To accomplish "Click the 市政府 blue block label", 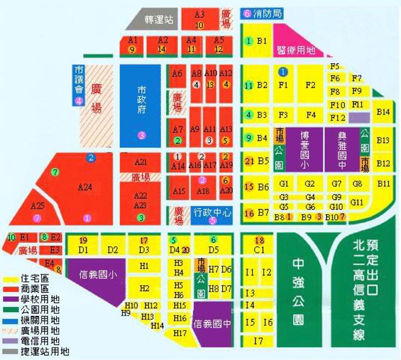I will (x=141, y=99).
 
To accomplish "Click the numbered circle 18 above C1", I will (x=260, y=240).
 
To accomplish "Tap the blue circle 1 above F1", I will (x=283, y=72).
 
